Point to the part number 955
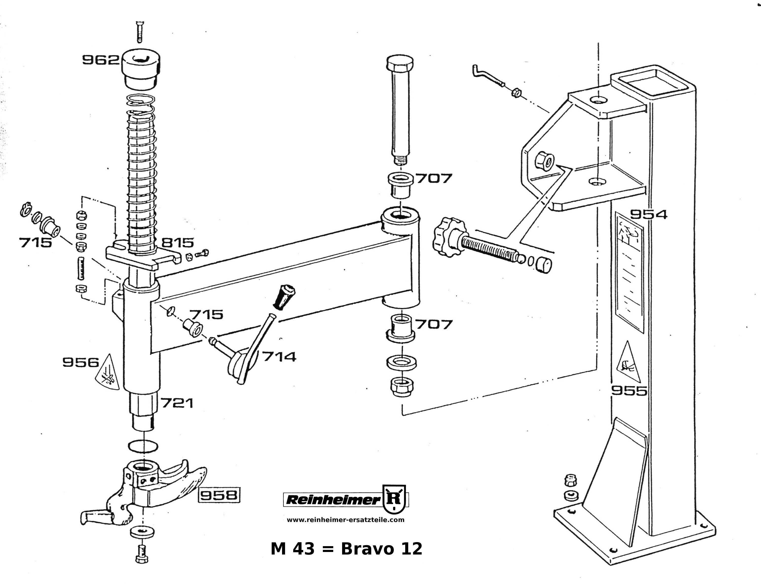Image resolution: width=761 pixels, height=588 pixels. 629,391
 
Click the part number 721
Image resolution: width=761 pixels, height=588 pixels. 177,403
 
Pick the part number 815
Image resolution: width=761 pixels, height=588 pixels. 178,243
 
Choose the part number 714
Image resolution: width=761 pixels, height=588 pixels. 279,357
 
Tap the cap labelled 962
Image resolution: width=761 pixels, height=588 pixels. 141,70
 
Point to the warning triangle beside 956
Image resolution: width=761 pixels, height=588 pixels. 108,373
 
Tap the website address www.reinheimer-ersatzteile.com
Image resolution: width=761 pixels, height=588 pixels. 345,520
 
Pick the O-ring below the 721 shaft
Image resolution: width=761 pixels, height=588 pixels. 143,446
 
